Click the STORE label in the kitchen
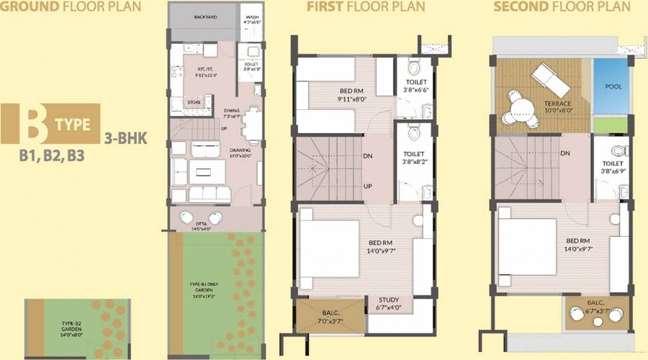click(x=194, y=102)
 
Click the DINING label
click(x=233, y=112)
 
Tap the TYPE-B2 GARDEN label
click(x=72, y=333)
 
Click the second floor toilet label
click(x=612, y=167)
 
